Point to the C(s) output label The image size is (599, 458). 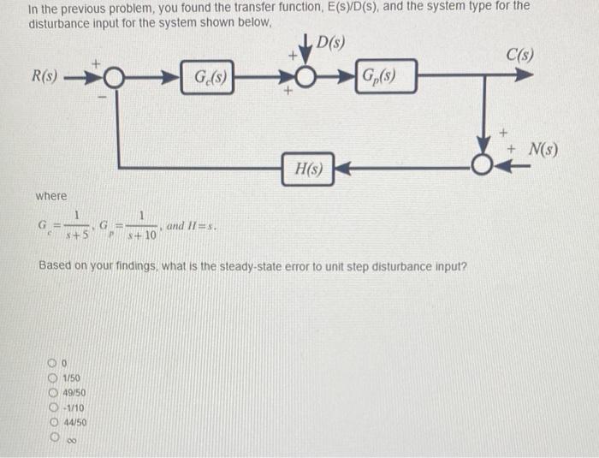pyautogui.click(x=519, y=55)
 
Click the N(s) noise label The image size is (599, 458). pyautogui.click(x=542, y=152)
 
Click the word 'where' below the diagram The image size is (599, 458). pyautogui.click(x=50, y=196)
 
